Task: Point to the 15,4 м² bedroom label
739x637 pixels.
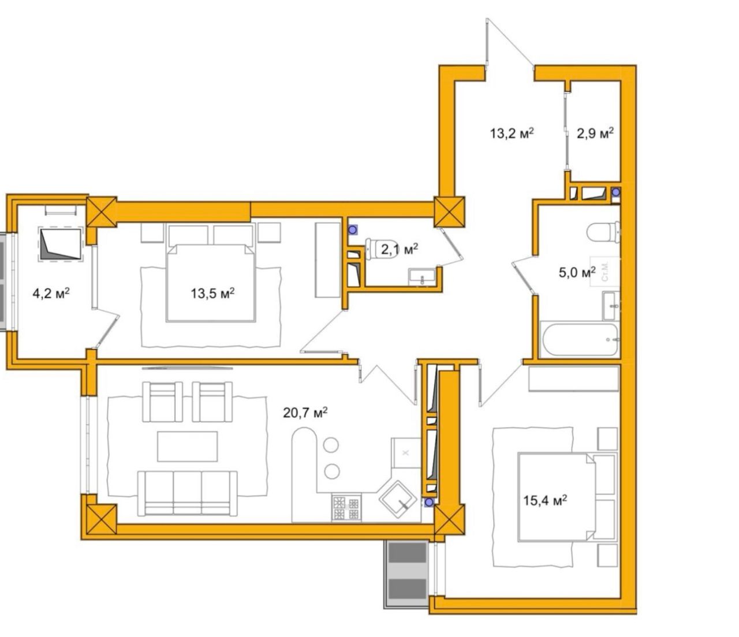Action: (x=545, y=500)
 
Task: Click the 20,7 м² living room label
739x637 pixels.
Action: (x=305, y=413)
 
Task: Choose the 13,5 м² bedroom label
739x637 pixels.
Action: (x=212, y=294)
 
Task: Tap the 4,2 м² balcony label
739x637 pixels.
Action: (x=51, y=294)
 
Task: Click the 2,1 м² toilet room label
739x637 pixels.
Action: (x=400, y=250)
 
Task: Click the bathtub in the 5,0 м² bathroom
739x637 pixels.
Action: (x=580, y=339)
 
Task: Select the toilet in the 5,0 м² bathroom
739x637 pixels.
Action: (x=603, y=232)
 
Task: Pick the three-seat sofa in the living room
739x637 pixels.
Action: (x=187, y=493)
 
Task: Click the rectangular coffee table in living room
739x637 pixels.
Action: (x=187, y=446)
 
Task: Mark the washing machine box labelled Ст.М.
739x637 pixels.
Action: (x=604, y=272)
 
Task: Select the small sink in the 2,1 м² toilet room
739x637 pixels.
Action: (x=422, y=277)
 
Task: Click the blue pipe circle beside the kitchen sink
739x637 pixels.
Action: (x=428, y=503)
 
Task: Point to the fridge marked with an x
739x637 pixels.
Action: (x=405, y=453)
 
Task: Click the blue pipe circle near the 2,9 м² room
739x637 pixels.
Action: (x=615, y=193)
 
